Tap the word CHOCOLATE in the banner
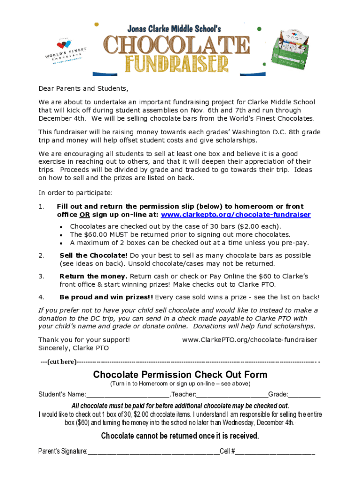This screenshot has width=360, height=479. [177, 46]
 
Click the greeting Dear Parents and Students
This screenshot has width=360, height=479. [83, 89]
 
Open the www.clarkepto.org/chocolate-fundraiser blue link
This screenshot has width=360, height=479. [236, 215]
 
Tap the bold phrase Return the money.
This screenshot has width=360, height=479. [93, 276]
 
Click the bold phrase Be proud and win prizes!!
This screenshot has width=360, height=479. [106, 297]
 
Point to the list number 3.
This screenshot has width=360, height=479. [41, 276]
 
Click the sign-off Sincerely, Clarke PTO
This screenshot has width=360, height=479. [73, 348]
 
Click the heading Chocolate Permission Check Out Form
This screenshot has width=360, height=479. [180, 375]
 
